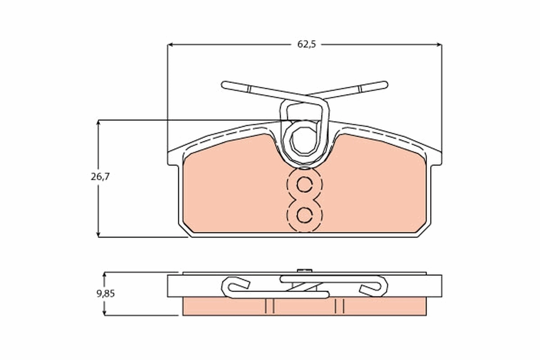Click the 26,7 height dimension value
click(x=99, y=176)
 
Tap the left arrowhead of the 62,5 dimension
click(x=171, y=45)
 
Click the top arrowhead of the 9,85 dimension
click(x=104, y=274)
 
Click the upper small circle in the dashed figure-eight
click(x=305, y=184)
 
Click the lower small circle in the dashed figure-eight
click(x=305, y=215)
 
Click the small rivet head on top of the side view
click(x=305, y=270)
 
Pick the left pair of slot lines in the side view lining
click(x=270, y=306)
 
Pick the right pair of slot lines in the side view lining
click(x=339, y=306)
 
